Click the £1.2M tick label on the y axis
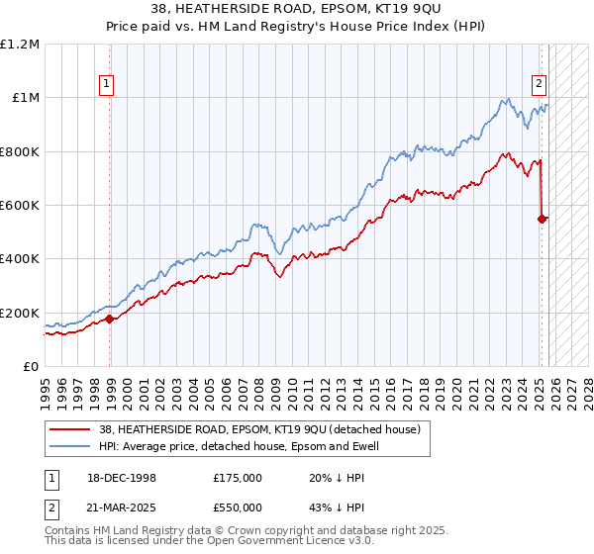(x=20, y=45)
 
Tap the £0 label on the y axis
(x=30, y=366)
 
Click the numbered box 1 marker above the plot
(x=106, y=84)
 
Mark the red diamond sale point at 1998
(x=110, y=319)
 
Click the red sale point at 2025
(x=543, y=219)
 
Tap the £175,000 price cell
(x=238, y=477)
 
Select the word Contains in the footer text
(x=68, y=532)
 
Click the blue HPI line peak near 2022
(x=506, y=99)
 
